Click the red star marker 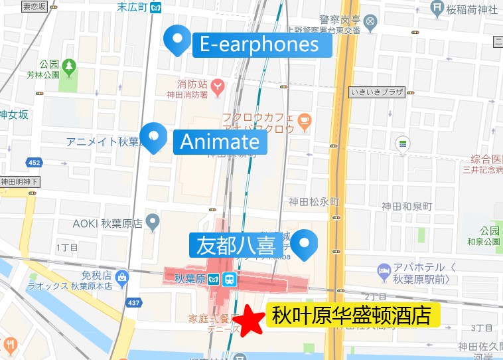coord(251,321)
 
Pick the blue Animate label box coord(220,141)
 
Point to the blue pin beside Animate coord(155,137)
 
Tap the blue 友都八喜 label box coord(236,245)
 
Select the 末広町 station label coord(131,7)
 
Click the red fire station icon coord(217,86)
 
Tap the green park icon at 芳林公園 coord(69,66)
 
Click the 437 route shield coord(133,302)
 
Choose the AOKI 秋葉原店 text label coord(107,223)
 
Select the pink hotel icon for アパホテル coord(383,270)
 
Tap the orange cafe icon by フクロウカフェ coord(304,122)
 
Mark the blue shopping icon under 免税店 coord(121,276)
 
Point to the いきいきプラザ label coord(376,92)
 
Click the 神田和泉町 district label coord(407,205)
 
